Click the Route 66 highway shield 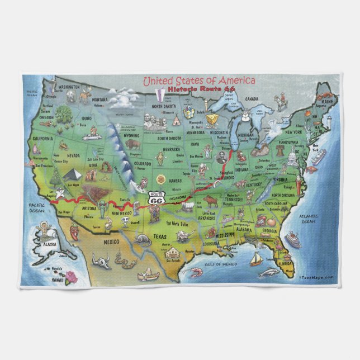[156, 200]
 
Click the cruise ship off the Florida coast [292, 240]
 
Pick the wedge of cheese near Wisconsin [212, 119]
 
